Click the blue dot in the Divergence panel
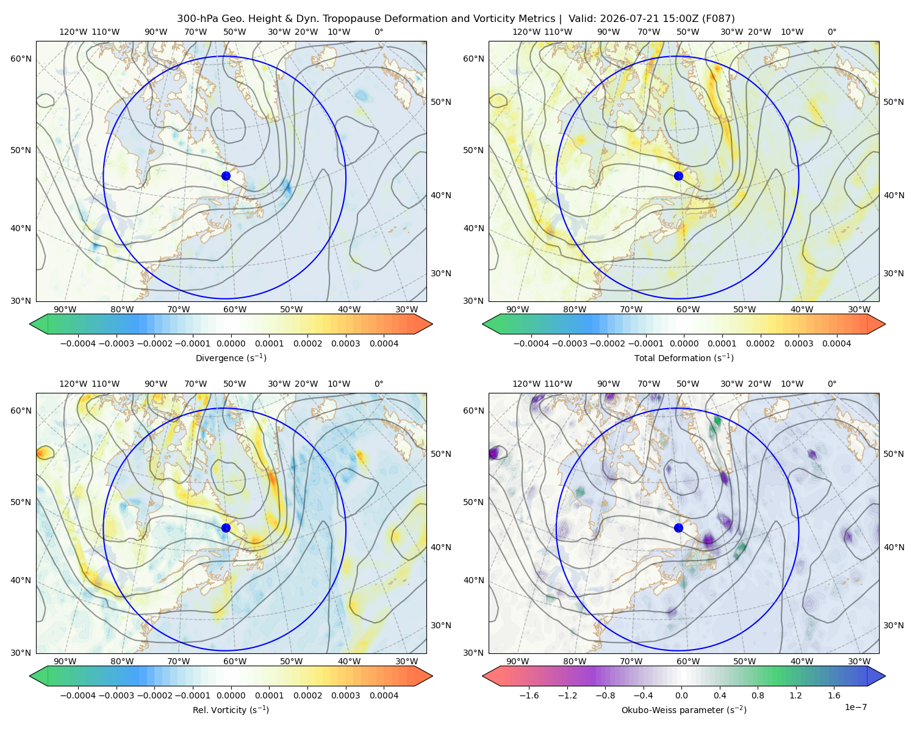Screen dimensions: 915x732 (x=226, y=176)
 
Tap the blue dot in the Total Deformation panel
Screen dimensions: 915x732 (x=678, y=176)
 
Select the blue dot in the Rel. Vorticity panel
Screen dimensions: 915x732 (x=226, y=528)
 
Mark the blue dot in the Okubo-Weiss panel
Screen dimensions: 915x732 (x=678, y=528)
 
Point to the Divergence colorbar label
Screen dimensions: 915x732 (x=231, y=357)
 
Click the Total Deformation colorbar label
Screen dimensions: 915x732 (x=684, y=357)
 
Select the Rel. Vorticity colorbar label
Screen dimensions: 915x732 (x=231, y=709)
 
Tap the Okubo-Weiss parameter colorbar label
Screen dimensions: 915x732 (x=684, y=709)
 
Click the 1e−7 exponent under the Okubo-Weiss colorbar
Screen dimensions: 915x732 (x=855, y=707)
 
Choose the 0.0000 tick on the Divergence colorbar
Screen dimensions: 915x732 (x=231, y=343)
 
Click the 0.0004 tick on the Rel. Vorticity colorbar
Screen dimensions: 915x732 (x=384, y=695)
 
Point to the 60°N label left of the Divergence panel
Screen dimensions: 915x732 (x=21, y=59)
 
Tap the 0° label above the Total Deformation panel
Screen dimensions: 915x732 (x=831, y=32)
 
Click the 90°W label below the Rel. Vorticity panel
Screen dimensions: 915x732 (x=65, y=661)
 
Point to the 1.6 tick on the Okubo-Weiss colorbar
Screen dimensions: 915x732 (x=834, y=695)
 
